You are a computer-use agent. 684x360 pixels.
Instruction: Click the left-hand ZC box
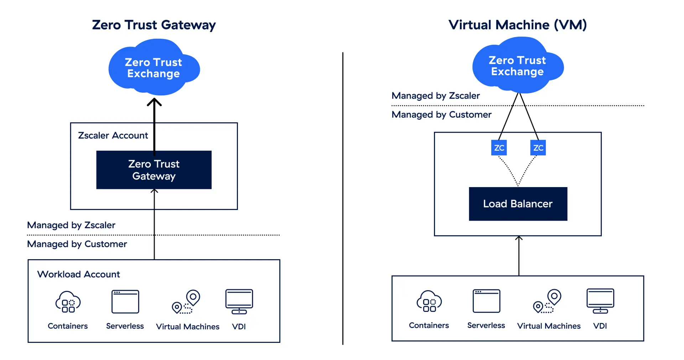coord(499,148)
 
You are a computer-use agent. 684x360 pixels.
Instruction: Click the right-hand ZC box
coord(538,148)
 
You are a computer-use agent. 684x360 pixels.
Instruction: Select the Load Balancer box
coord(518,204)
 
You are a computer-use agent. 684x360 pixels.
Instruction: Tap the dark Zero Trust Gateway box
coord(154,170)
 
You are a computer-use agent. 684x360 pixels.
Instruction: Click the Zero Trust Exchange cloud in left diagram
coord(154,68)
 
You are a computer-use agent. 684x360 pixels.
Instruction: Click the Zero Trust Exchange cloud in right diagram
coord(517,66)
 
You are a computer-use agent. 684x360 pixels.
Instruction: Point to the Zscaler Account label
coord(113,135)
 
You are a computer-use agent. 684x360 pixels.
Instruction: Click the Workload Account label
coord(79,274)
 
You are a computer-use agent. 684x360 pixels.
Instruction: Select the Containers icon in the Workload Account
coord(68,302)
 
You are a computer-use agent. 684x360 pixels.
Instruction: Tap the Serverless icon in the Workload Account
coord(125,302)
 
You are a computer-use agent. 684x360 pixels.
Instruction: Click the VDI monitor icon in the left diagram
coord(239,302)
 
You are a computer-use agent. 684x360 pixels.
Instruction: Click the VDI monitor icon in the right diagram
coord(600,301)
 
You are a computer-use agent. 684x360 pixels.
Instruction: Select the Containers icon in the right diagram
coord(429,302)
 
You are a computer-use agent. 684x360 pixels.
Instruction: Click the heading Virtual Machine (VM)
coord(517,25)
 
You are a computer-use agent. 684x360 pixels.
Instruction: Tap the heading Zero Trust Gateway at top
coord(154,25)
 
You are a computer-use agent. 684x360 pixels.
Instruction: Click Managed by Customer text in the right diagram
coord(441,114)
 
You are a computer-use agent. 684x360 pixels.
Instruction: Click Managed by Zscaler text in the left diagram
coord(71,225)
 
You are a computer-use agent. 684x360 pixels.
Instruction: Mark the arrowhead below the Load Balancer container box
coord(519,238)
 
